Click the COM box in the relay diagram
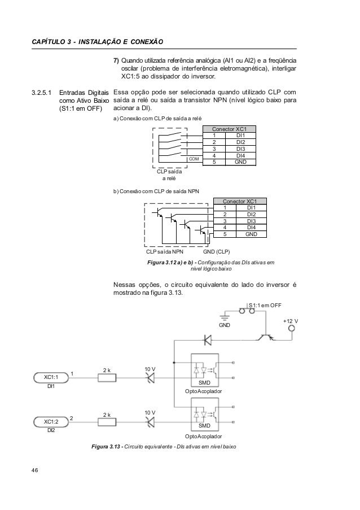(194, 160)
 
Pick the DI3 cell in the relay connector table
(240, 149)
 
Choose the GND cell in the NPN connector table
(251, 234)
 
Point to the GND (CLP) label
(220, 251)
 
